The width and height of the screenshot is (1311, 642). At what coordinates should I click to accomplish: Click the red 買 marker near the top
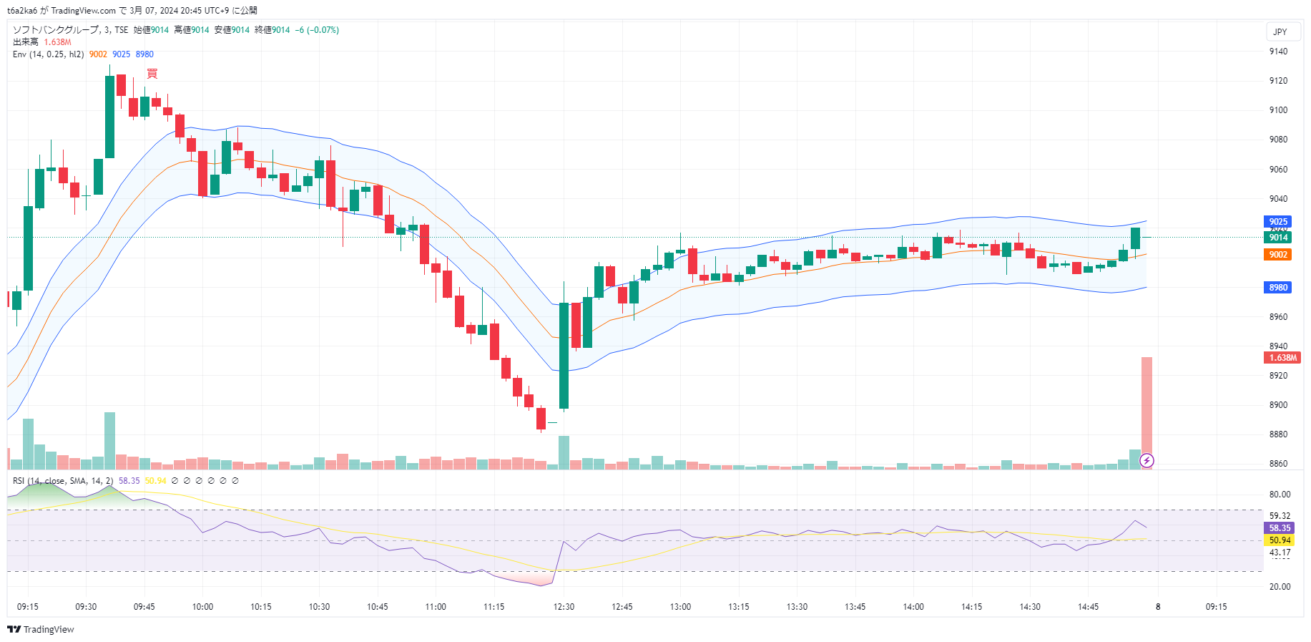pyautogui.click(x=152, y=74)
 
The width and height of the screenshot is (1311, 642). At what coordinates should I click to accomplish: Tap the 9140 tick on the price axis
pyautogui.click(x=1278, y=52)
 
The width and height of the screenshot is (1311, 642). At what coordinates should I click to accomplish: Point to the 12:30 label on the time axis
pyautogui.click(x=564, y=607)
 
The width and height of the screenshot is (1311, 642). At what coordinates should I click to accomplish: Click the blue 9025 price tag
pyautogui.click(x=1277, y=222)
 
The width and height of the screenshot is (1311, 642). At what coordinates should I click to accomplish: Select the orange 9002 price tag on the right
pyautogui.click(x=1277, y=255)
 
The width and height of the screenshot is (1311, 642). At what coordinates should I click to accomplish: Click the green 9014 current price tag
pyautogui.click(x=1277, y=238)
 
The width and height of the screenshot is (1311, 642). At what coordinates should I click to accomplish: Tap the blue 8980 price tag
pyautogui.click(x=1277, y=288)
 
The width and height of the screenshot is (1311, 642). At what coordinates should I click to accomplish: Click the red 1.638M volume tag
pyautogui.click(x=1282, y=358)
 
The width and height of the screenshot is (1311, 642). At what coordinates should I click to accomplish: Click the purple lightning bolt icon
pyautogui.click(x=1146, y=460)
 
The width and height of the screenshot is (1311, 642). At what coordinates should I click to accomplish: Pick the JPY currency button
pyautogui.click(x=1280, y=32)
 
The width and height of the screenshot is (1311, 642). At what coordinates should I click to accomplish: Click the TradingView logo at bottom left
pyautogui.click(x=41, y=629)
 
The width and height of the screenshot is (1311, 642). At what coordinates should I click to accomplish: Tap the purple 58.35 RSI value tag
pyautogui.click(x=1280, y=528)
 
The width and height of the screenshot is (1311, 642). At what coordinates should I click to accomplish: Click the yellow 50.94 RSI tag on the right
pyautogui.click(x=1280, y=540)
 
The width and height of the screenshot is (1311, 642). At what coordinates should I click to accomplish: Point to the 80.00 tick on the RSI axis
pyautogui.click(x=1280, y=495)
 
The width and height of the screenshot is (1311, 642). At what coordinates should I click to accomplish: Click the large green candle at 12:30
pyautogui.click(x=564, y=356)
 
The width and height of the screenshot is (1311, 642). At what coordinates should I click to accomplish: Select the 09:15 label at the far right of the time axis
pyautogui.click(x=1216, y=607)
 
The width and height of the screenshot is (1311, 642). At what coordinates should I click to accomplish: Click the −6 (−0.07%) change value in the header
pyautogui.click(x=317, y=30)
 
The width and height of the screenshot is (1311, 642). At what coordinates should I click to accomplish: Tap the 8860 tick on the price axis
pyautogui.click(x=1278, y=464)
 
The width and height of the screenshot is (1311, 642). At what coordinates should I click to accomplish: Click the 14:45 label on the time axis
pyautogui.click(x=1088, y=607)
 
